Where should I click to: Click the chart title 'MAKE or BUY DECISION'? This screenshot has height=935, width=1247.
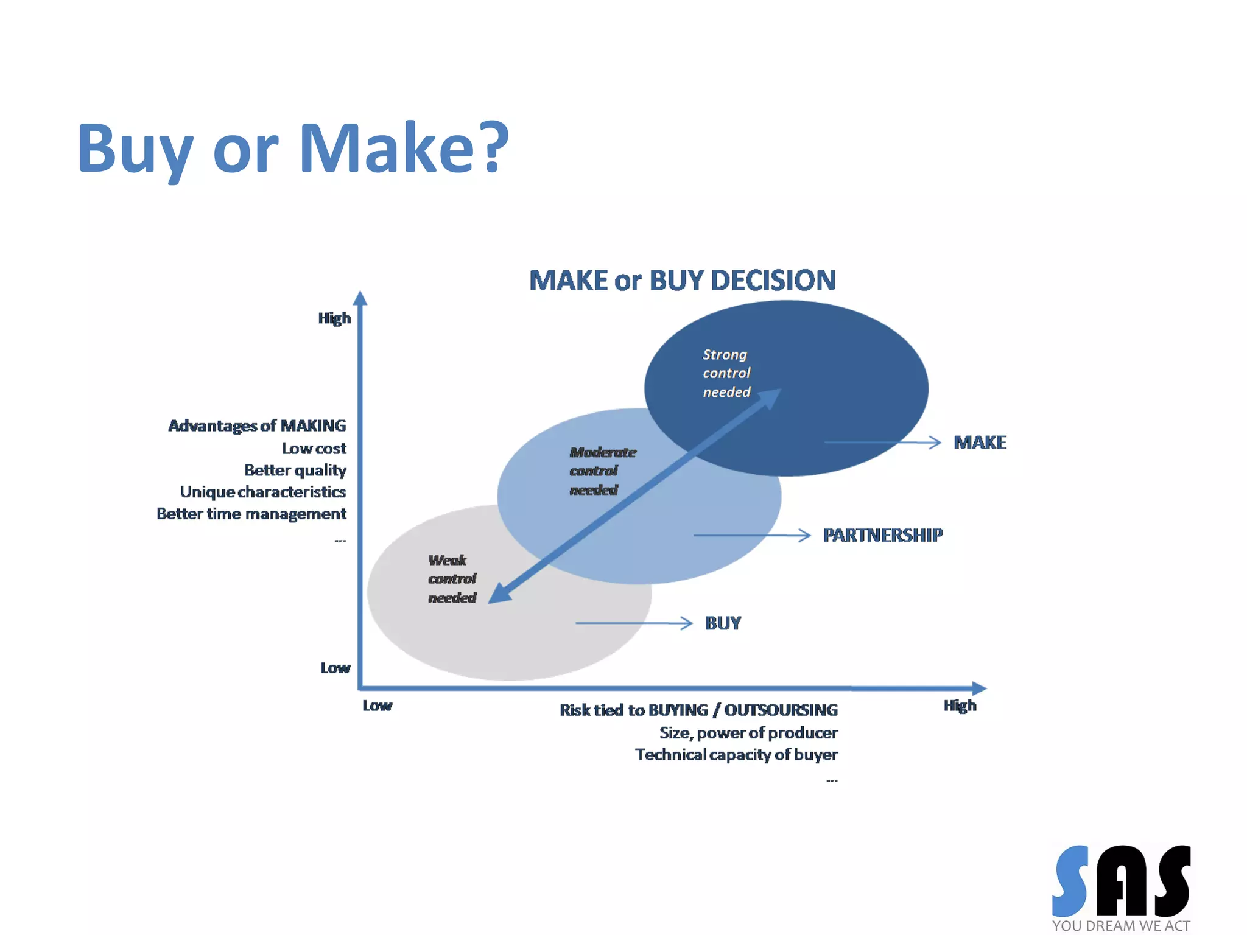click(x=682, y=281)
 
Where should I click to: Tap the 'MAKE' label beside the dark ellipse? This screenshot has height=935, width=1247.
click(x=979, y=443)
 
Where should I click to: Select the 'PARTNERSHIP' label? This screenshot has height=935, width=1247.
click(x=882, y=535)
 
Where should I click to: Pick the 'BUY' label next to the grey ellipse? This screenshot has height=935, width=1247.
click(x=723, y=623)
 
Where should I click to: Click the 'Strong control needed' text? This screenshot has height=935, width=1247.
click(x=726, y=373)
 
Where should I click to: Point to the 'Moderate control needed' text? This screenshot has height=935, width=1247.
click(x=602, y=471)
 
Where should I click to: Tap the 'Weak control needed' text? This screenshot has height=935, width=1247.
click(x=452, y=578)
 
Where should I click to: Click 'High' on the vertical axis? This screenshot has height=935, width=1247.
click(x=334, y=318)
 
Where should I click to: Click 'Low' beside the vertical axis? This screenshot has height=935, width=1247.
click(x=335, y=668)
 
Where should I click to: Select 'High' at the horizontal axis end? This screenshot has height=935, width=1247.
click(x=960, y=706)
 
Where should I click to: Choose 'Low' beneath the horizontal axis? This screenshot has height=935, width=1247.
click(x=377, y=706)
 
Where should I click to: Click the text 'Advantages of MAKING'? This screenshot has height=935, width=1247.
click(x=257, y=425)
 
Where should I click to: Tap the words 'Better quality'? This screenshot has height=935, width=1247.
click(x=295, y=470)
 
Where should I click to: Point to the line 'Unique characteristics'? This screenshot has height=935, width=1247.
click(x=262, y=492)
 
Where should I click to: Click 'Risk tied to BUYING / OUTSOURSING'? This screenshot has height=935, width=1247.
click(x=698, y=710)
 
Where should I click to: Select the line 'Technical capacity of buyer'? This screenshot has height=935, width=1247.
click(x=736, y=755)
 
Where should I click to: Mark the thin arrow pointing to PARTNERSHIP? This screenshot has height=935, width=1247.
click(x=752, y=535)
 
